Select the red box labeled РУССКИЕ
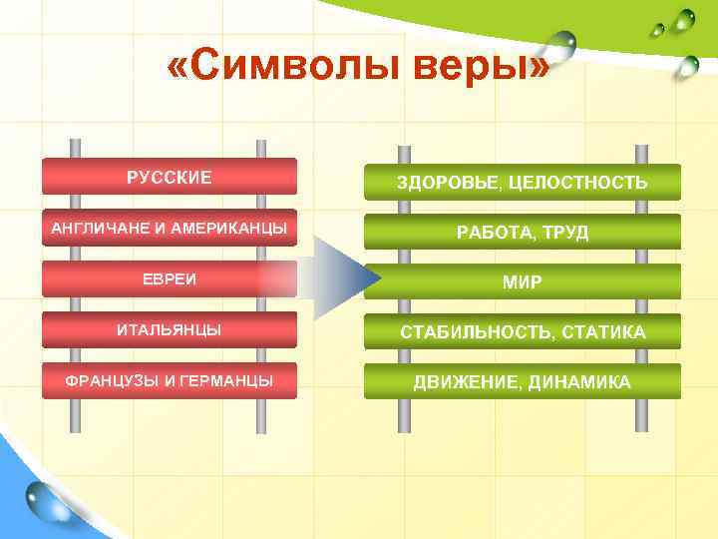pyautogui.click(x=169, y=177)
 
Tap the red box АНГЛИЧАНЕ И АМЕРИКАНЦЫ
pyautogui.click(x=169, y=229)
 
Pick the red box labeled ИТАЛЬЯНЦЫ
pyautogui.click(x=169, y=329)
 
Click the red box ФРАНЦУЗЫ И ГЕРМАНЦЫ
pyautogui.click(x=169, y=380)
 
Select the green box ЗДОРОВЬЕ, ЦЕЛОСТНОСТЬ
pyautogui.click(x=522, y=182)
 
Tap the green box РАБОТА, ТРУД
pyautogui.click(x=522, y=232)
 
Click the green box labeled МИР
pyautogui.click(x=522, y=281)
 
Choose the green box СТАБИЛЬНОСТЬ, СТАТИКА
pyautogui.click(x=522, y=331)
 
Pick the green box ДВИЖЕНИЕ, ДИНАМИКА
pyautogui.click(x=522, y=381)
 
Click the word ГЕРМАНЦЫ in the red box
pyautogui.click(x=229, y=380)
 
